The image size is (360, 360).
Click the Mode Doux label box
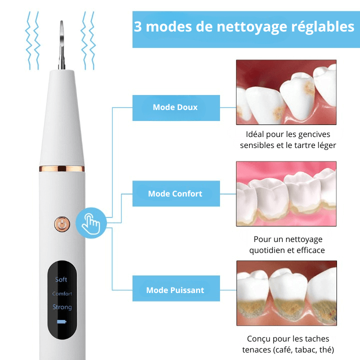(175, 107)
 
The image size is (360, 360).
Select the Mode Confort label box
(175, 193)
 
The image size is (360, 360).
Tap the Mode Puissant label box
(175, 290)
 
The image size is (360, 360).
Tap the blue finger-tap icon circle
(91, 222)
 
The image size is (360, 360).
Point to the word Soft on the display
(61, 279)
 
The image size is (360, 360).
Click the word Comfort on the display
(62, 293)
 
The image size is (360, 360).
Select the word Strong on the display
(62, 307)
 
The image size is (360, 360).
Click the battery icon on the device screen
(61, 321)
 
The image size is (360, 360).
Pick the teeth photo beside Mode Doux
(286, 92)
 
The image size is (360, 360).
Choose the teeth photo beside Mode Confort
(286, 193)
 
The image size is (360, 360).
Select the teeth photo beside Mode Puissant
(286, 293)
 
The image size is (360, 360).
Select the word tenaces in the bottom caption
(258, 349)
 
